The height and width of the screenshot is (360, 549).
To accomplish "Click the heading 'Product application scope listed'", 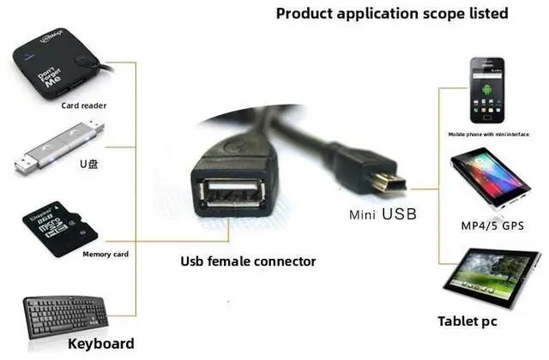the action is coord(391,14).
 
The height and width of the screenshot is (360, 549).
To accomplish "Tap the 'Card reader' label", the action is coord(83,106).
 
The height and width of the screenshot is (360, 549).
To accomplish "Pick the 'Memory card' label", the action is coord(106,255).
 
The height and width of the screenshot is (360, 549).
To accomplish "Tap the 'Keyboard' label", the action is coord(100,345).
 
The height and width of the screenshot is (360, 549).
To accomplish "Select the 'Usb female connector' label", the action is coord(248,261).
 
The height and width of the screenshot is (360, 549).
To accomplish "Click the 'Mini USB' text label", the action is coord(382,213).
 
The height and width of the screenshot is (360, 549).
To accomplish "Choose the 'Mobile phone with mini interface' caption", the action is coord(490,134).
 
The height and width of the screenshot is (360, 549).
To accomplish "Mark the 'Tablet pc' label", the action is coord(468,321).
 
